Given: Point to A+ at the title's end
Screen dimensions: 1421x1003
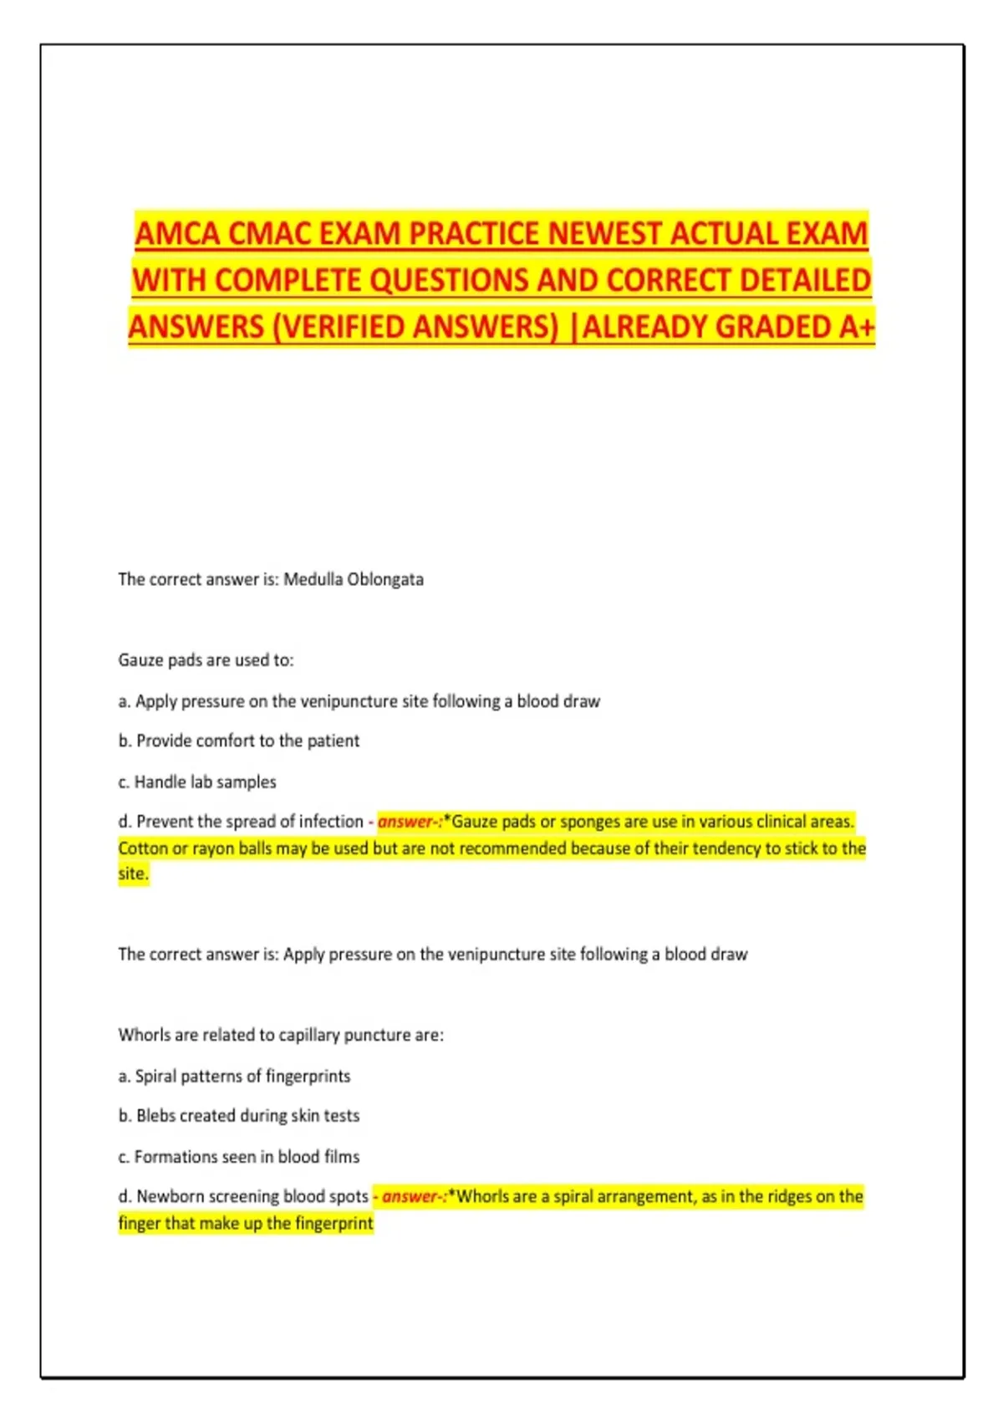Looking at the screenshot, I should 857,327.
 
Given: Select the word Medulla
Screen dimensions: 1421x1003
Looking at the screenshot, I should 312,579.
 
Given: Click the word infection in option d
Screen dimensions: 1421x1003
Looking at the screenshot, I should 331,822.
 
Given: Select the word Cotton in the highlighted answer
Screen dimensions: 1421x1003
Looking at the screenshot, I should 143,848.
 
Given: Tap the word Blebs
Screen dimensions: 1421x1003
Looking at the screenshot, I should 156,1116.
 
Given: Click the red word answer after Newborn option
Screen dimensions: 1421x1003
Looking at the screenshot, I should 408,1197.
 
